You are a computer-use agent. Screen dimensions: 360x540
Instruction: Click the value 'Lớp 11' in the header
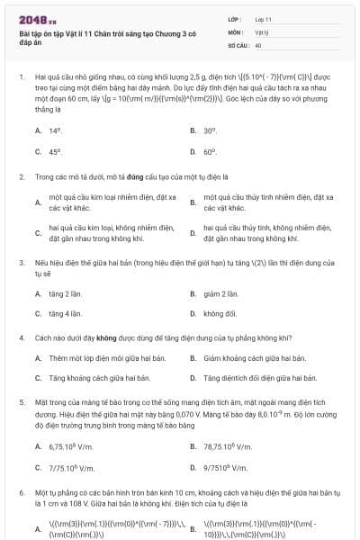click(264, 19)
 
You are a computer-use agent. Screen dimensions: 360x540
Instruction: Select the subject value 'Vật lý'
click(261, 31)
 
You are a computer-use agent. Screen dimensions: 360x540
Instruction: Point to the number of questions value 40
click(258, 44)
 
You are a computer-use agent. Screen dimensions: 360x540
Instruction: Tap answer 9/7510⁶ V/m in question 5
click(225, 468)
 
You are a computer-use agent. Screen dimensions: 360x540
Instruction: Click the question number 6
click(21, 493)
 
